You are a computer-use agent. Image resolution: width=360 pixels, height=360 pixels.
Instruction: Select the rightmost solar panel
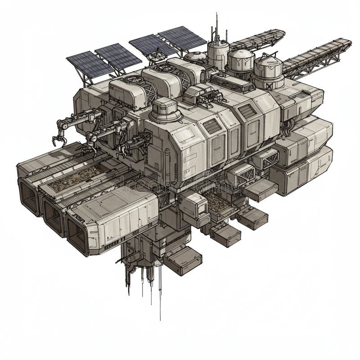pos(182,38)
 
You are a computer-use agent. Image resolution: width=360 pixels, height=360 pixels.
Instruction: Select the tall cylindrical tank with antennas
pos(218,54)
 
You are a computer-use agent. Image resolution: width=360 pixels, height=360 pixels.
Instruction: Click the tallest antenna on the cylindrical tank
pos(216,27)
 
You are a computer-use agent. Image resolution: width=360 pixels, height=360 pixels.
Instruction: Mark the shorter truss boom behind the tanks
pos(259,40)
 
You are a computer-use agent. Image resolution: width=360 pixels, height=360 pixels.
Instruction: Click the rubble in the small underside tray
pos(218,202)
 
